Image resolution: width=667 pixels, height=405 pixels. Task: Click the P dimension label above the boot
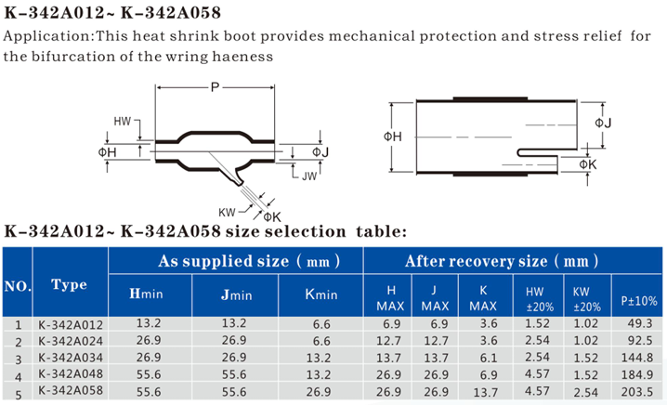[215, 87]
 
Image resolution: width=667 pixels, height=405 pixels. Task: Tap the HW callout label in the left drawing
[122, 122]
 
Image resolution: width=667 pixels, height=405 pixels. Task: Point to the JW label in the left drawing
[309, 176]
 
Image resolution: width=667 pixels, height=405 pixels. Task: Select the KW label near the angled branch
[227, 213]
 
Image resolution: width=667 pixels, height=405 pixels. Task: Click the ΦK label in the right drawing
[588, 164]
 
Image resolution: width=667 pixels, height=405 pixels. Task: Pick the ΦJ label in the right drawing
[603, 123]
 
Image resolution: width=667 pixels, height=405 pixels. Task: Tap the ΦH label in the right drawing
[393, 137]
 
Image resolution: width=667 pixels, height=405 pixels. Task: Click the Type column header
[69, 284]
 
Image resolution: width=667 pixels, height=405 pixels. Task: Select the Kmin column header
[321, 294]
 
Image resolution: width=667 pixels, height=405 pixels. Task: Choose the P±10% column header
[639, 301]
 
